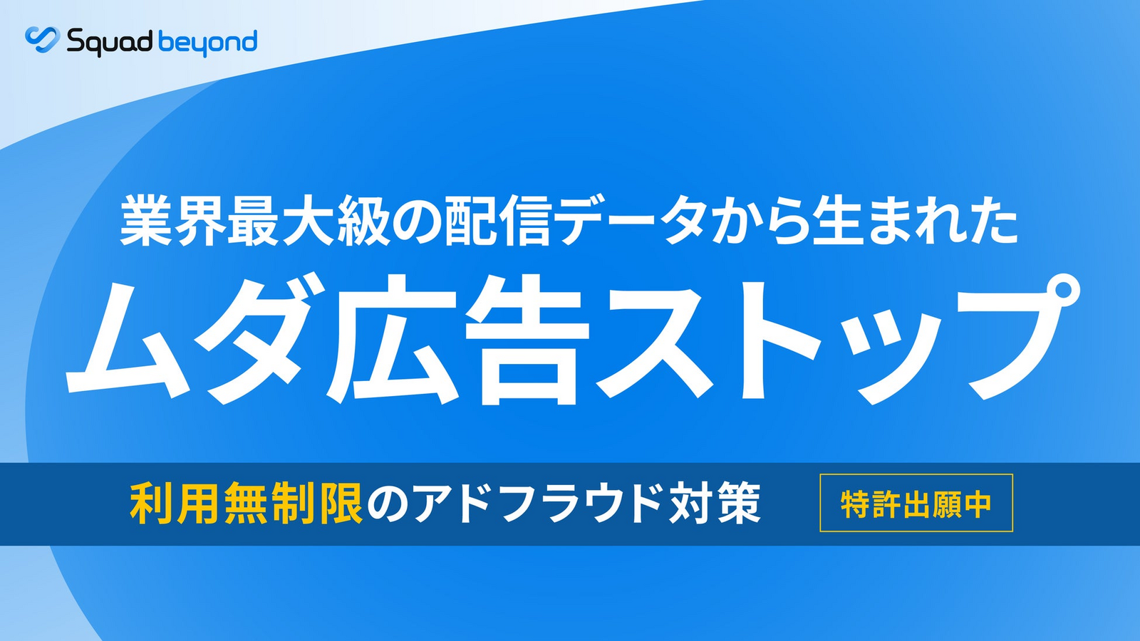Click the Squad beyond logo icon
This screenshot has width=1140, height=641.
click(x=43, y=40)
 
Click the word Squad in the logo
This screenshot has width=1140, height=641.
click(x=110, y=42)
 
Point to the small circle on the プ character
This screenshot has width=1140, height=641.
click(x=1058, y=294)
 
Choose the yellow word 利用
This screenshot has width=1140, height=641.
click(x=175, y=504)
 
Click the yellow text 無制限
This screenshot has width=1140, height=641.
click(x=294, y=504)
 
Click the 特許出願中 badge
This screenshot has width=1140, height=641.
click(x=916, y=503)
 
